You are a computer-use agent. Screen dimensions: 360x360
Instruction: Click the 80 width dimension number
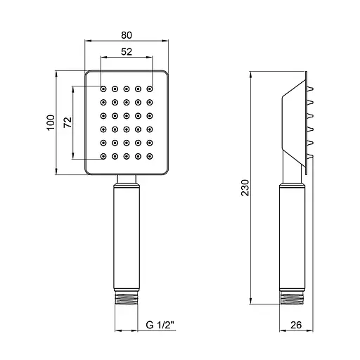(127, 35)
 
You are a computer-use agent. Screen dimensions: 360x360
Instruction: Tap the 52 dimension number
(127, 51)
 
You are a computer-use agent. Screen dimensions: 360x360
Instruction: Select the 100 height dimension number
(51, 122)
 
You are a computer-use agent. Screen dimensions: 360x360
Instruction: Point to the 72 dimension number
(67, 122)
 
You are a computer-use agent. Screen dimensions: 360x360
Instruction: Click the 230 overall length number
(245, 188)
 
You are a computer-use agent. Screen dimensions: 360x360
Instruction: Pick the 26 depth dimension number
(296, 325)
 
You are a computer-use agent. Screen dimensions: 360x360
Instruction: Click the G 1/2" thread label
(160, 325)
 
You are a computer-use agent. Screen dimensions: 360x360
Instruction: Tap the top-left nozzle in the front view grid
(103, 89)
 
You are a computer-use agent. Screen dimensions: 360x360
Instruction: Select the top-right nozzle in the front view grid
(150, 89)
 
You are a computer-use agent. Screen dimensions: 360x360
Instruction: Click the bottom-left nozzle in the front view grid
(103, 156)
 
